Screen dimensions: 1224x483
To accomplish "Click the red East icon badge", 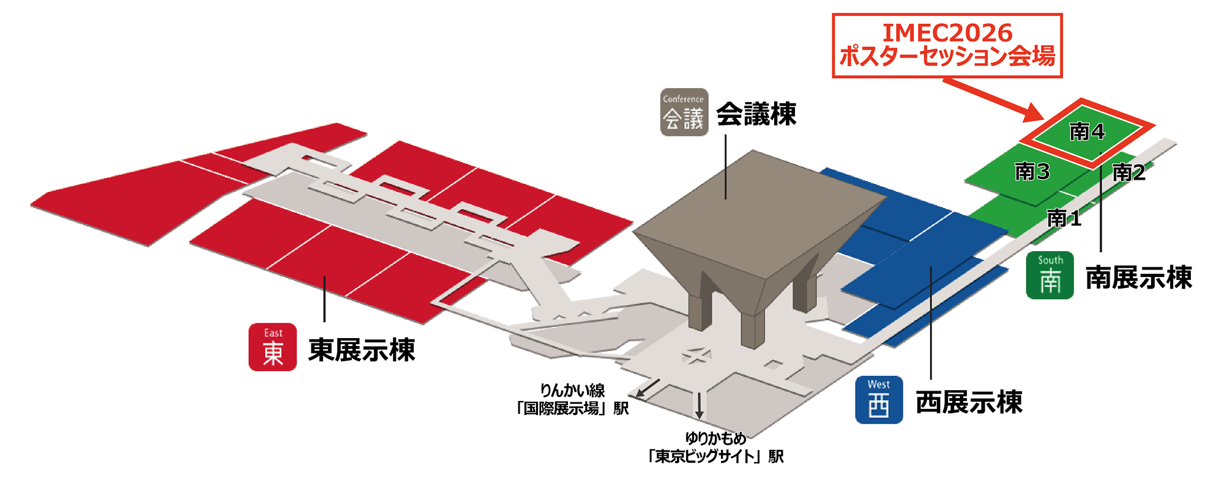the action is tap(272, 347).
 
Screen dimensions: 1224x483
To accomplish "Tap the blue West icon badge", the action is tap(879, 400).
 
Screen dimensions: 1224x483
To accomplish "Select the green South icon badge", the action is tap(1050, 275).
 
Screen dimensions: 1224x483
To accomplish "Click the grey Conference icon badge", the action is tap(684, 112).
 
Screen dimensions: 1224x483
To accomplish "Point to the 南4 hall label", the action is tap(1087, 131).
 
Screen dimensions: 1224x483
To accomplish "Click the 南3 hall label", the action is tap(1032, 172).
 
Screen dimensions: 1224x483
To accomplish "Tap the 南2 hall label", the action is tap(1129, 172).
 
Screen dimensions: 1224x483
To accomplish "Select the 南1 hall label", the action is tap(1064, 218).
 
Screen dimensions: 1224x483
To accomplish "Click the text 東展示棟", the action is tap(362, 350).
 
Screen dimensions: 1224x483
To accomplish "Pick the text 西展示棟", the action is tap(969, 402).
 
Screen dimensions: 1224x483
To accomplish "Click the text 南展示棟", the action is tap(1139, 278).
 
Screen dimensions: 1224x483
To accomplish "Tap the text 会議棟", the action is tap(756, 114).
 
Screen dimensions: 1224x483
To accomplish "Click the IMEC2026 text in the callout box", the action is tap(947, 32).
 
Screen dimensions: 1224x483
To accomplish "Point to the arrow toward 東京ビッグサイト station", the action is tap(699, 406).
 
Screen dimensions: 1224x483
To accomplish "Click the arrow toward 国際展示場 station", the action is tap(647, 388).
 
